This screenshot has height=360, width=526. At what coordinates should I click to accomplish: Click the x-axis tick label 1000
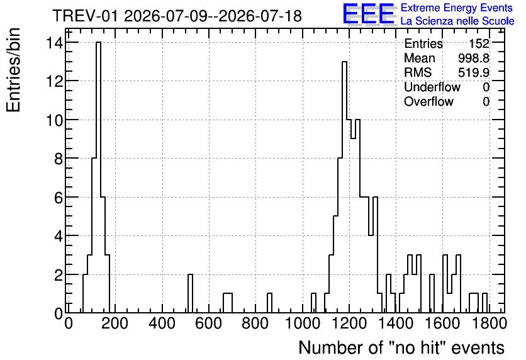303,323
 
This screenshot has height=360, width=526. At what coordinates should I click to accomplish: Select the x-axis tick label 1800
488,323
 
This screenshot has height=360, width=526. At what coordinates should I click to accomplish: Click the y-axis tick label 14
54,43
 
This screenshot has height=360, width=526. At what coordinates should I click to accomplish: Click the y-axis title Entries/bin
13,70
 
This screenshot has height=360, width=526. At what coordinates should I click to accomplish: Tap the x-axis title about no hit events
401,347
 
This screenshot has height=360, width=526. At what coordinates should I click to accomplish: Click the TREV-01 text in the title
85,16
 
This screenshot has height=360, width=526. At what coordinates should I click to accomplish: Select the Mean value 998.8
473,58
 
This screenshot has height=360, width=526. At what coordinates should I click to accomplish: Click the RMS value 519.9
473,72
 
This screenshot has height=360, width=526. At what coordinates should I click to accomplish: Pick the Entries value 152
479,43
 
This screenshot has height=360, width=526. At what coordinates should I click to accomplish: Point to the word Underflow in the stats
432,87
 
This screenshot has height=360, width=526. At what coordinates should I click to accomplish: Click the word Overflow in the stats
428,101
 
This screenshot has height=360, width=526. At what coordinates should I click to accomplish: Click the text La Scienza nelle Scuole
457,21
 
